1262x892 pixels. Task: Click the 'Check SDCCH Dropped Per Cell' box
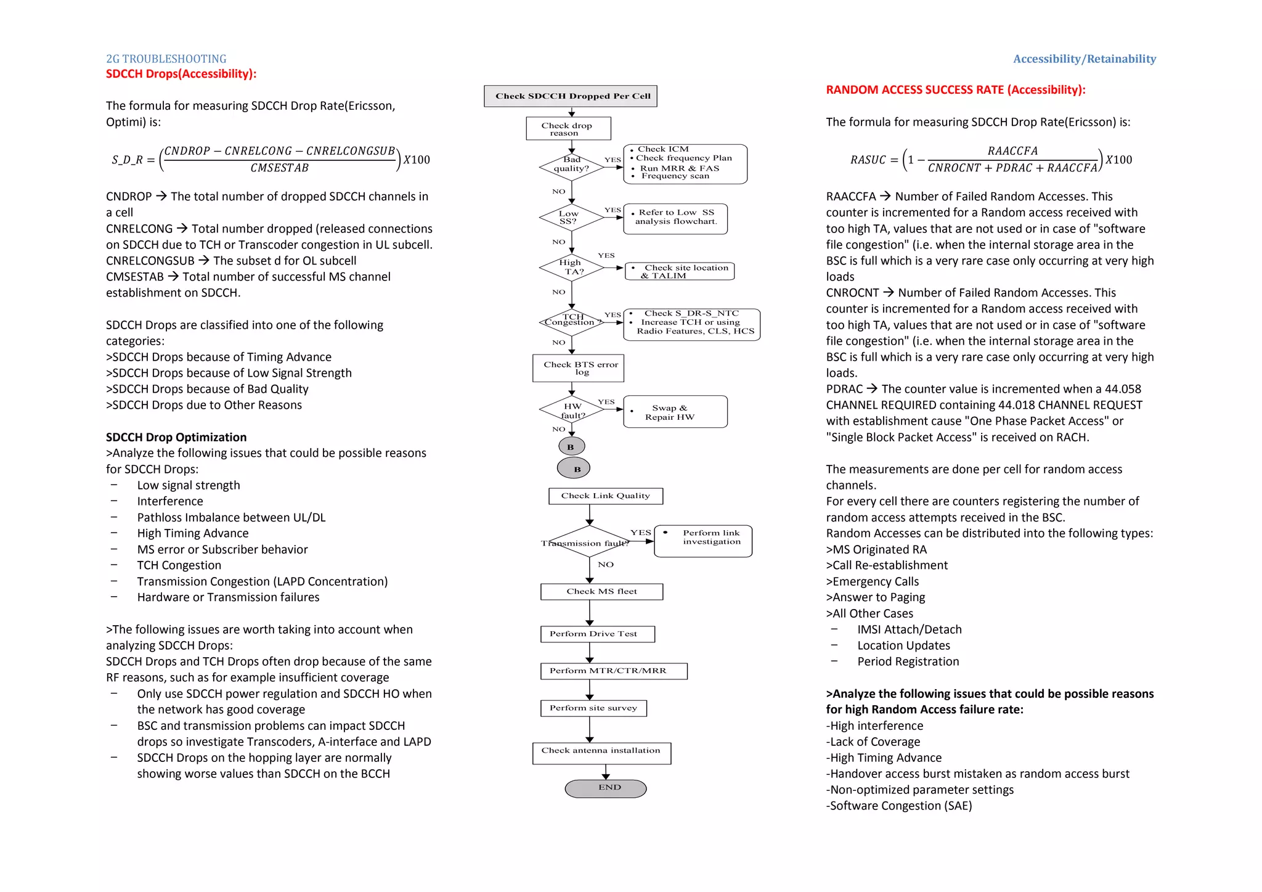pyautogui.click(x=571, y=96)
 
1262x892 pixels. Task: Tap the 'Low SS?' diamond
pyautogui.click(x=571, y=218)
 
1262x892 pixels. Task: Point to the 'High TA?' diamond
pyautogui.click(x=571, y=268)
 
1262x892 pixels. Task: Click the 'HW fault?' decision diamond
pyautogui.click(x=571, y=409)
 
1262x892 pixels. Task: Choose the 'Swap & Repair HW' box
pyautogui.click(x=675, y=412)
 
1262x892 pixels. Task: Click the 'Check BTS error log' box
pyautogui.click(x=578, y=368)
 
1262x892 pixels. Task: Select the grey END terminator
pyautogui.click(x=605, y=788)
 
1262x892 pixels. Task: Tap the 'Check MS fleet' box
pyautogui.click(x=601, y=592)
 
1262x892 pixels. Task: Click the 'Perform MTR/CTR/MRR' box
pyautogui.click(x=613, y=671)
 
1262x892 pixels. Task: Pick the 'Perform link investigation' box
pyautogui.click(x=702, y=541)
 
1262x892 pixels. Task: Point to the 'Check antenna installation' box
pyautogui.click(x=601, y=753)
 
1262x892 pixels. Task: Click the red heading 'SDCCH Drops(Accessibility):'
pyautogui.click(x=181, y=74)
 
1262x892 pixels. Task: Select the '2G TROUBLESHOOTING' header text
pyautogui.click(x=166, y=59)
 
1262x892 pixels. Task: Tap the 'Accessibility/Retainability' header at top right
pyautogui.click(x=1084, y=59)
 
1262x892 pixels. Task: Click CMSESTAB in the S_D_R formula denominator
pyautogui.click(x=279, y=168)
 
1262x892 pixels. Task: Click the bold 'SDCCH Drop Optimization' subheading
pyautogui.click(x=176, y=437)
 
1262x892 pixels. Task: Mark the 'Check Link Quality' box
pyautogui.click(x=605, y=496)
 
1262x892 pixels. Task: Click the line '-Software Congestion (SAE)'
pyautogui.click(x=898, y=806)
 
